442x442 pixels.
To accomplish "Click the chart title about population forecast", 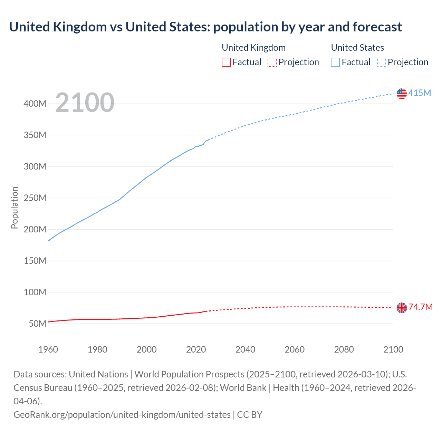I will [x=205, y=27].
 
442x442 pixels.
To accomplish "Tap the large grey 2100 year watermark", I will [x=85, y=103].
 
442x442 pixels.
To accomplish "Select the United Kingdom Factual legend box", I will [x=226, y=62].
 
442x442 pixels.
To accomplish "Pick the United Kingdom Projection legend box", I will [x=272, y=62].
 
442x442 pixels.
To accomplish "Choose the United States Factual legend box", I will [x=335, y=62].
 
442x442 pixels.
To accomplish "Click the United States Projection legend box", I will [x=381, y=62].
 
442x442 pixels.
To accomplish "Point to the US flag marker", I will [x=402, y=93].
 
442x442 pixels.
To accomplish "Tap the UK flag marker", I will [x=402, y=308].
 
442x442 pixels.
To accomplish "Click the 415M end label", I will [x=420, y=93].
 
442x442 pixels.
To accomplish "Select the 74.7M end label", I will [x=421, y=307].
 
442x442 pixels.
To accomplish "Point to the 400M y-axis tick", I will [x=35, y=104].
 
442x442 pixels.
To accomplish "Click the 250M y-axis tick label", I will [x=35, y=198].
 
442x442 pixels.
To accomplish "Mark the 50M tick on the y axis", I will [x=37, y=324].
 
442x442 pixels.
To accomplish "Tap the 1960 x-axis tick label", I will [x=48, y=349].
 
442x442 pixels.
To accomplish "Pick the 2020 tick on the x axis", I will [x=196, y=349].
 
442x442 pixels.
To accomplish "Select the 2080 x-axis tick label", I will [x=344, y=349].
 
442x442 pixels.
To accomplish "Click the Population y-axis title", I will [x=15, y=208].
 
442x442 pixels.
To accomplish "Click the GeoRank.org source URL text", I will [x=122, y=414].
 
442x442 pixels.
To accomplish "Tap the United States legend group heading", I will [x=357, y=48].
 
